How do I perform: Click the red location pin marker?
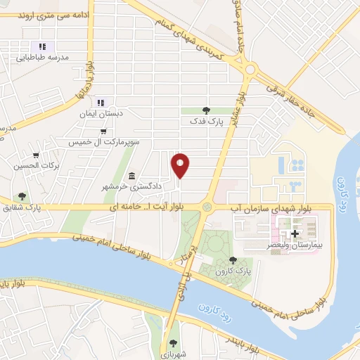pyautogui.click(x=181, y=165)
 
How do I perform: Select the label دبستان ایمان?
pyautogui.click(x=119, y=113)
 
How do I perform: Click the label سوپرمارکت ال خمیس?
pyautogui.click(x=103, y=142)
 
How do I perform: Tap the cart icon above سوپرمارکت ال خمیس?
pyautogui.click(x=103, y=131)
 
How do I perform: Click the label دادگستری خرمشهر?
pyautogui.click(x=133, y=186)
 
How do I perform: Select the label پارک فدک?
pyautogui.click(x=205, y=121)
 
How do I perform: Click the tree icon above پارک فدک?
pyautogui.click(x=205, y=110)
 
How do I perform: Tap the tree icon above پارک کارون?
pyautogui.click(x=233, y=260)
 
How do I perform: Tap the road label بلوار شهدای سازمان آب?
pyautogui.click(x=270, y=208)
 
